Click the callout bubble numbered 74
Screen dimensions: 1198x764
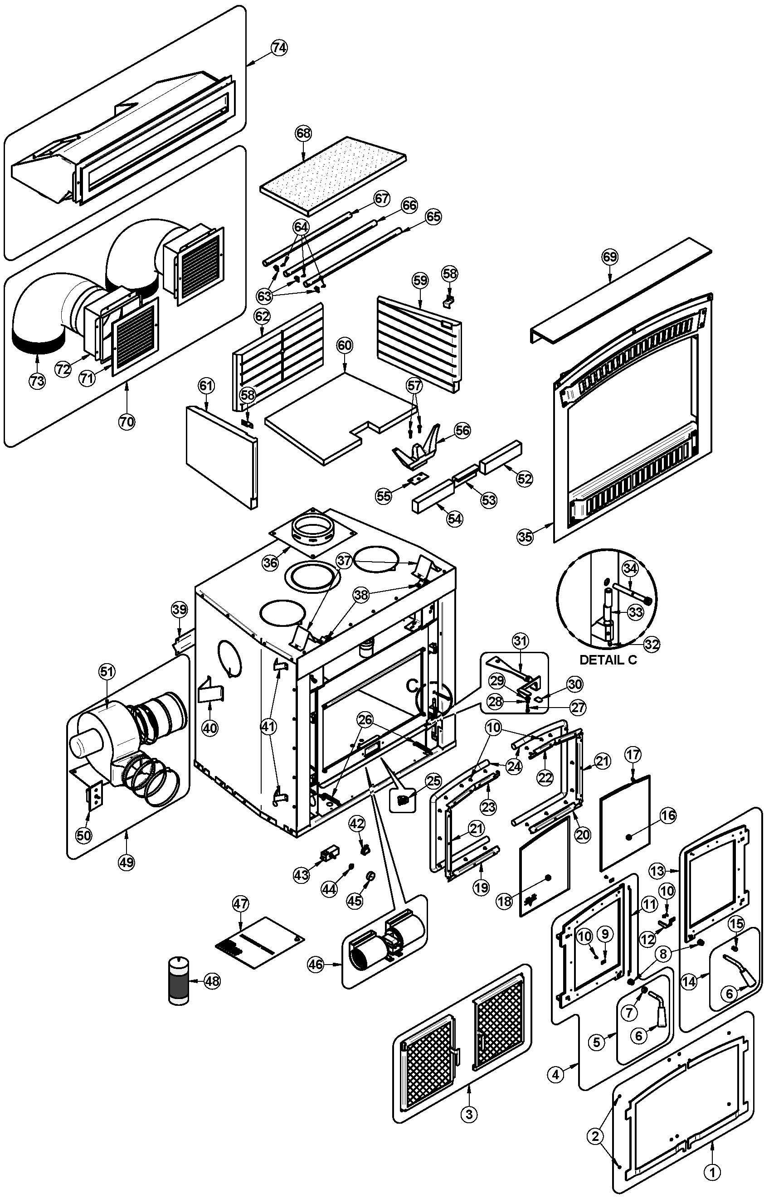(x=279, y=48)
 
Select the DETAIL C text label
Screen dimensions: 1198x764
(x=608, y=660)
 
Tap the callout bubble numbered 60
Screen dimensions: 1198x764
(x=345, y=345)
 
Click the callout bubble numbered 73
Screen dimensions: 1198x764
(x=37, y=381)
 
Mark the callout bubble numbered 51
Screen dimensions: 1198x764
(x=107, y=672)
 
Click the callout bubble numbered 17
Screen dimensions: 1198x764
(x=633, y=755)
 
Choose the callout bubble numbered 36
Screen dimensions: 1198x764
(x=270, y=563)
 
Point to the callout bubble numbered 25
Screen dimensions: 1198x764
(x=433, y=781)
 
